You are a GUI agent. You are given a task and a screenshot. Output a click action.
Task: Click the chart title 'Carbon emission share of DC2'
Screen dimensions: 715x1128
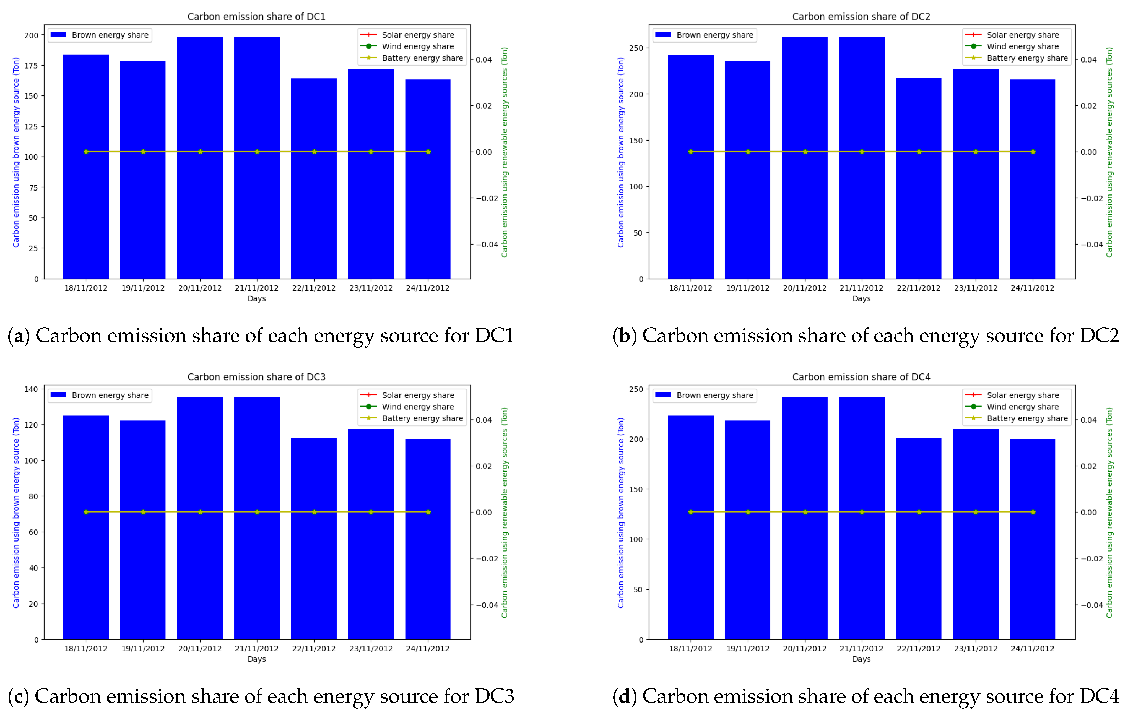[x=861, y=17]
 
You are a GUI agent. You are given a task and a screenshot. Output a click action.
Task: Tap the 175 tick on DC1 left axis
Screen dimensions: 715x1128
[x=31, y=66]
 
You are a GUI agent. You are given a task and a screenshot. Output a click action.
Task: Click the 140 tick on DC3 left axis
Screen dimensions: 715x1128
[x=31, y=389]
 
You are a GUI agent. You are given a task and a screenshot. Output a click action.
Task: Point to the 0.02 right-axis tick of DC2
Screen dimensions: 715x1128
[x=1089, y=106]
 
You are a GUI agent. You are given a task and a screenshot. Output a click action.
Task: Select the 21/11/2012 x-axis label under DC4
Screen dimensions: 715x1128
[x=861, y=648]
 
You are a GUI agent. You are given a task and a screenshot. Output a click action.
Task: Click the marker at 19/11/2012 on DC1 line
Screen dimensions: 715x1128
[x=143, y=152]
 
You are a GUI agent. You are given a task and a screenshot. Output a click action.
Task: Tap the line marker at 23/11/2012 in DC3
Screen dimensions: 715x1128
[x=371, y=512]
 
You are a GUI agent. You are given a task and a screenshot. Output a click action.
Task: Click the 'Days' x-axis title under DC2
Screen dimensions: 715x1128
[x=861, y=298]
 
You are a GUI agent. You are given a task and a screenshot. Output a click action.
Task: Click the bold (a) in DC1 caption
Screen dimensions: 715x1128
[x=19, y=336]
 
